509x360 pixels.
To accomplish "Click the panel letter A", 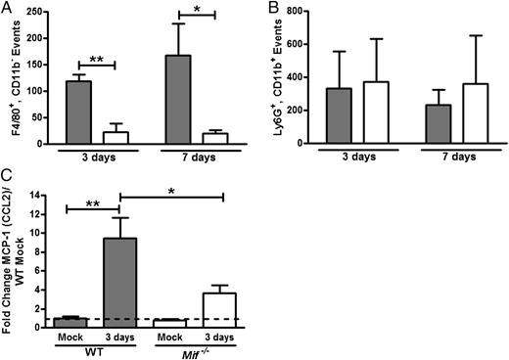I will click(7, 8).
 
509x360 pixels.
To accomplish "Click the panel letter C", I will click(7, 180).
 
